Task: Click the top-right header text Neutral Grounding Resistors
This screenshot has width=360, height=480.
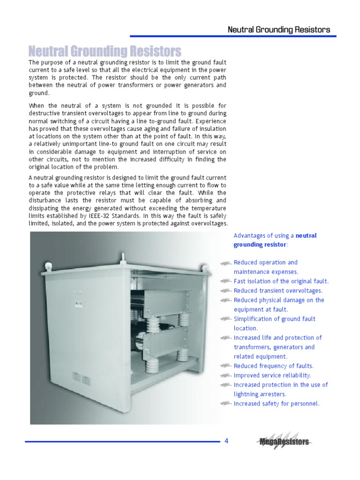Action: [278, 30]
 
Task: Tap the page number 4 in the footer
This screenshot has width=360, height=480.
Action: [226, 441]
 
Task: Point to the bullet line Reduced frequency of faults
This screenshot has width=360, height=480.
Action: [273, 366]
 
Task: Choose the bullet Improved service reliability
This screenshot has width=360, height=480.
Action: [272, 375]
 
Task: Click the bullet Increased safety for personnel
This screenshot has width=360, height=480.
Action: [277, 403]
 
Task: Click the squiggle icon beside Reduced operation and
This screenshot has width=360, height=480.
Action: [226, 263]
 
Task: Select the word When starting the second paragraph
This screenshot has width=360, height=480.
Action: [38, 105]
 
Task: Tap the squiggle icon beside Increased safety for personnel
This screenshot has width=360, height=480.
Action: [226, 404]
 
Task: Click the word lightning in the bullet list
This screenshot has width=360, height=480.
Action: [247, 394]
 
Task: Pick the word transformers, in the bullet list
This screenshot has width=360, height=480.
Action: [253, 347]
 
